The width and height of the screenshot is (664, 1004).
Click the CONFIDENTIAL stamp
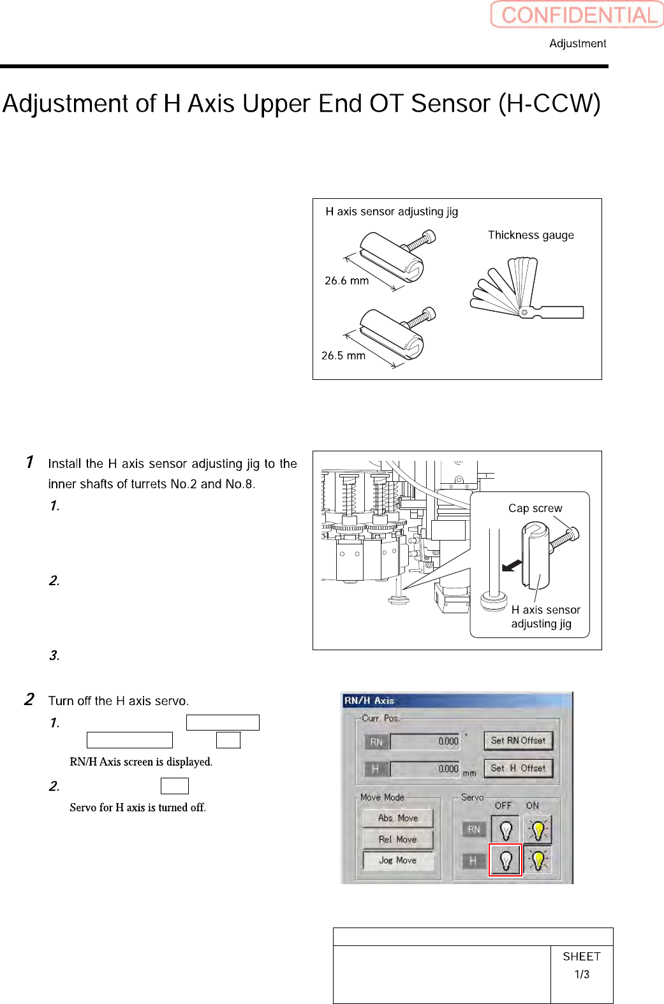pos(577,14)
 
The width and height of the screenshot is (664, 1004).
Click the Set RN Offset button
pos(518,741)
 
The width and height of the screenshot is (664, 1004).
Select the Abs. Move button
pos(397,818)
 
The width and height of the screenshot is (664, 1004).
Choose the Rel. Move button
pos(397,840)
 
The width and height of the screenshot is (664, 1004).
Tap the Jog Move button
pos(397,861)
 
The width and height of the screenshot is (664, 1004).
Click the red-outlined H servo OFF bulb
pos(505,861)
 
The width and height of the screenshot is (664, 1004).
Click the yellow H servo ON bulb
pos(538,861)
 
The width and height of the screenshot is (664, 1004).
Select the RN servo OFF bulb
pos(505,830)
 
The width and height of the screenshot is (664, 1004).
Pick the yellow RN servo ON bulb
pos(538,830)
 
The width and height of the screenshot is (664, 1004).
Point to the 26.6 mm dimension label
pos(346,280)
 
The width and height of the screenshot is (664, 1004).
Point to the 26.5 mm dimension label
pos(343,356)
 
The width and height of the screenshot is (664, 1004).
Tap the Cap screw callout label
pos(535,508)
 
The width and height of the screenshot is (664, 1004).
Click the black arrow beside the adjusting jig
pos(512,565)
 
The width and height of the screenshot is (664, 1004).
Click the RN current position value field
pos(425,741)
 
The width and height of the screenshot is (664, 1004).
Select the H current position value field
pos(425,769)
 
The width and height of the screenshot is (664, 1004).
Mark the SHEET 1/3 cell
pos(582,965)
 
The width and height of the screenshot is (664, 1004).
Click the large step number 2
pos(29,699)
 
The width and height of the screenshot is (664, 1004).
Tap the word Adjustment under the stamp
pos(577,43)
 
